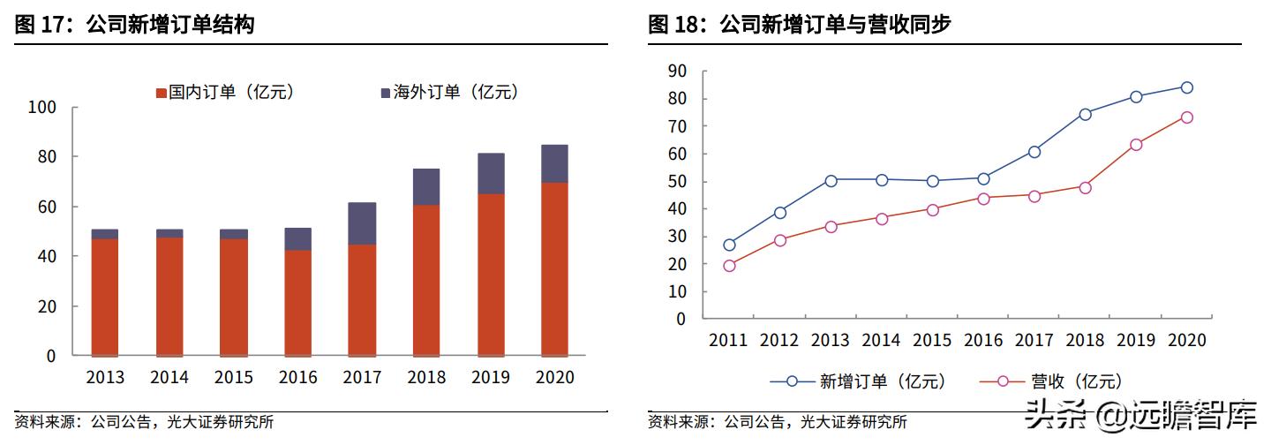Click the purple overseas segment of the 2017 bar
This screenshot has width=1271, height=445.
point(362,223)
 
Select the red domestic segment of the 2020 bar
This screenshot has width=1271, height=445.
point(554,268)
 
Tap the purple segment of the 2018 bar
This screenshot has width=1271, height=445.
point(426,187)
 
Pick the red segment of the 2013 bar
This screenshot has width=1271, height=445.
point(105,297)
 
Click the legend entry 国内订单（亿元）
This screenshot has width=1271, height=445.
point(224,92)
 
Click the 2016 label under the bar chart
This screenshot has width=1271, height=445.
point(297,378)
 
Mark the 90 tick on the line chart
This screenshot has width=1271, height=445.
point(678,72)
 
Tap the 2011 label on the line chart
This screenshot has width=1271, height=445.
point(728,340)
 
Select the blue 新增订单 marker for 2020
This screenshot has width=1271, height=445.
point(1187,87)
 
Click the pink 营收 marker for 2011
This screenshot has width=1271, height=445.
point(729,266)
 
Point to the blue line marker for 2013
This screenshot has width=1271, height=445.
point(831,180)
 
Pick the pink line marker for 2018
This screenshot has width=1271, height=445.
point(1085,187)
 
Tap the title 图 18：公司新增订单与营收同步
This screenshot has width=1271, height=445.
point(799,25)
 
